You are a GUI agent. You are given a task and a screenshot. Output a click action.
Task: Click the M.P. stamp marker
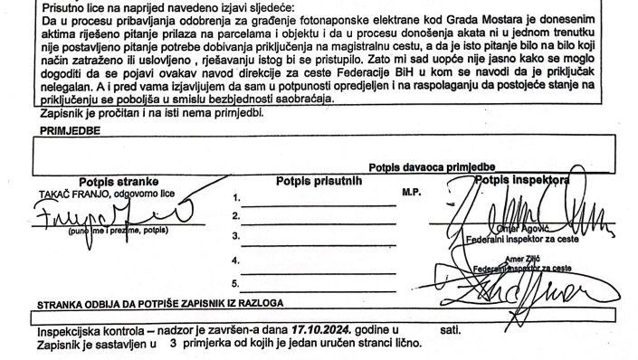(413, 194)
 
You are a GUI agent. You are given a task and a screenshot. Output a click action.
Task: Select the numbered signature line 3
(317, 237)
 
